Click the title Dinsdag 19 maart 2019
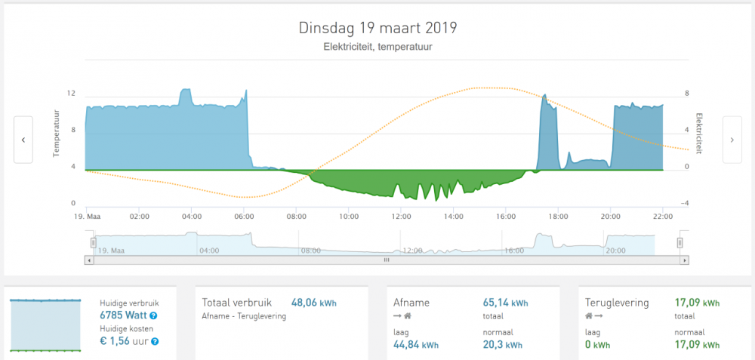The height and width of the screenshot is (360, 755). click(x=377, y=29)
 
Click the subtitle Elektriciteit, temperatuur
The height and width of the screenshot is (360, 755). click(x=377, y=48)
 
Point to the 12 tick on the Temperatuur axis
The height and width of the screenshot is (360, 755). click(x=71, y=94)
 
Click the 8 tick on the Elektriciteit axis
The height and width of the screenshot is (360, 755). click(x=687, y=94)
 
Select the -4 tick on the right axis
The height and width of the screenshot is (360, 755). click(x=686, y=204)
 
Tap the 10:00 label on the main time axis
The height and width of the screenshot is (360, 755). click(x=348, y=217)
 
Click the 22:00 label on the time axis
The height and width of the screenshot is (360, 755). click(x=662, y=217)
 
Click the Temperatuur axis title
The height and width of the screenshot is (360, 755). click(x=57, y=133)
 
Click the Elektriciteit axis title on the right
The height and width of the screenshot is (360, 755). click(x=700, y=133)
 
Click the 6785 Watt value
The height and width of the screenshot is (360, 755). click(x=123, y=315)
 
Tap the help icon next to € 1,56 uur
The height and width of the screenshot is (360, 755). click(x=154, y=342)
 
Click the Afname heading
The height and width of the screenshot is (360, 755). click(x=411, y=303)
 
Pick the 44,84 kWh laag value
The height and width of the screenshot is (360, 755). click(x=417, y=345)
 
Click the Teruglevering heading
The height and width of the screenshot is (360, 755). click(x=617, y=303)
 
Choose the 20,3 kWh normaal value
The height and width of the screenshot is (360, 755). click(x=502, y=345)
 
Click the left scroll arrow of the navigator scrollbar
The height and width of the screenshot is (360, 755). click(x=90, y=260)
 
